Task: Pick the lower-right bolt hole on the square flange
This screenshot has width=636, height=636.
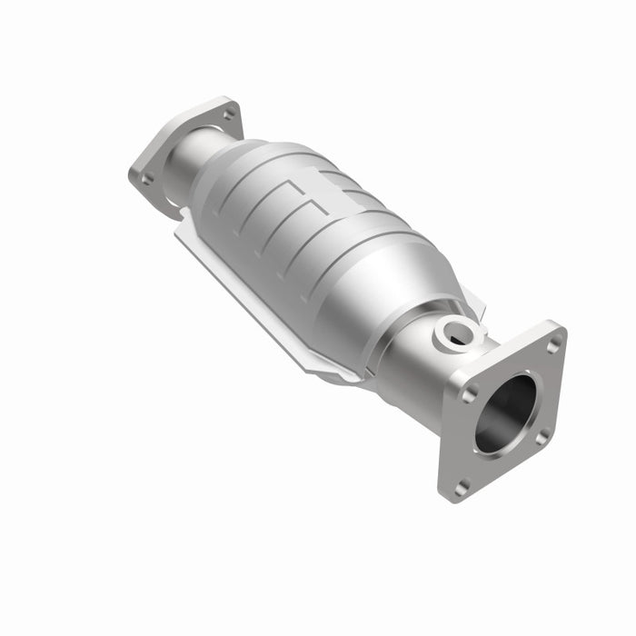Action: point(542,437)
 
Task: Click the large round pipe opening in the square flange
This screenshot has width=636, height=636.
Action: point(505,413)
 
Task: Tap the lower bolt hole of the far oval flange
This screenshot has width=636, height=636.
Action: point(146,178)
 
